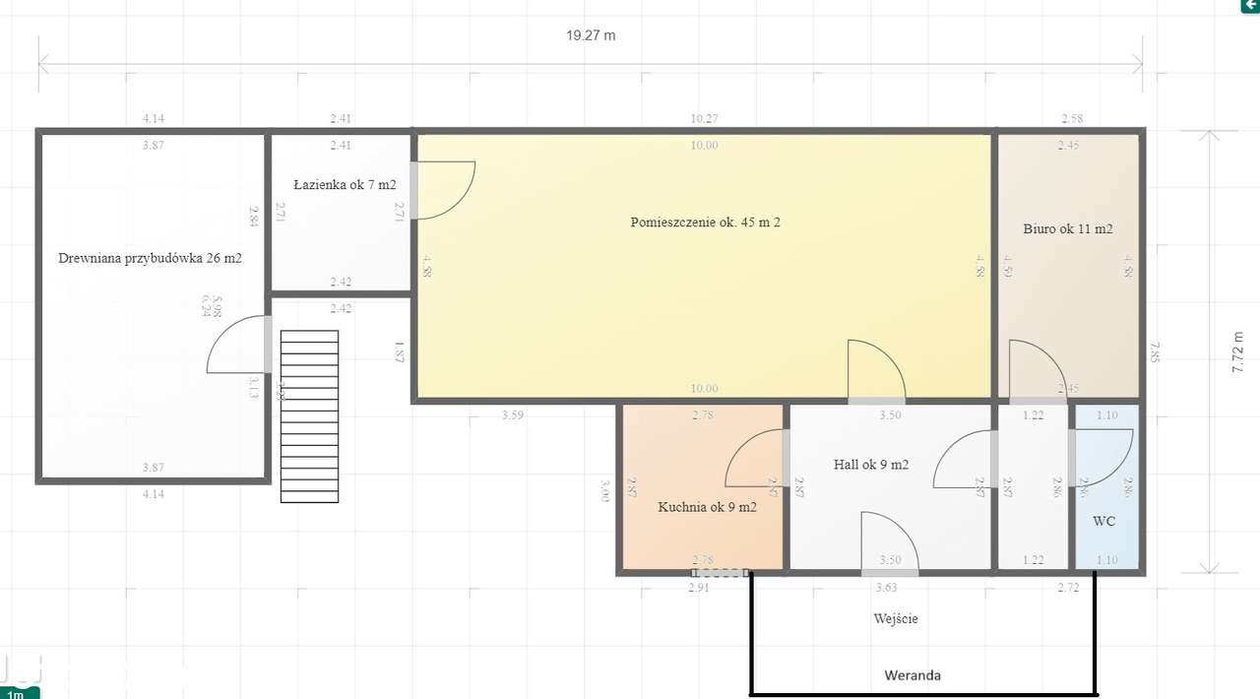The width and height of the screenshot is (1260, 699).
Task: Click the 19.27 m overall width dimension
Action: [x=591, y=35]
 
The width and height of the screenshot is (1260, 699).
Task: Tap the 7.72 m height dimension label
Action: [x=1238, y=351]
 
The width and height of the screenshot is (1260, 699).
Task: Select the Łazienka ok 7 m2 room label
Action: [x=345, y=184]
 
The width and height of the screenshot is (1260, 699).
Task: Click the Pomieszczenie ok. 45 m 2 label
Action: [x=705, y=222]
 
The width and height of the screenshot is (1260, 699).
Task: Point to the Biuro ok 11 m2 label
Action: [x=1068, y=228]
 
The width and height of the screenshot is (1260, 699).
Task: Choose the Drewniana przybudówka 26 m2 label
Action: [x=150, y=259]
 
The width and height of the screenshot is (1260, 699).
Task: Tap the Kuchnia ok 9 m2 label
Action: [x=707, y=507]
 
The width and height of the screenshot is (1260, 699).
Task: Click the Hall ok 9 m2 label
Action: [x=870, y=465]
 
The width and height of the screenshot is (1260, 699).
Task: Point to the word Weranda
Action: [x=912, y=675]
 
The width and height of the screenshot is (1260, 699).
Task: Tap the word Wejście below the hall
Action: [x=895, y=618]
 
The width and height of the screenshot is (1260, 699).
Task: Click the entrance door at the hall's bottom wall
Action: [x=889, y=543]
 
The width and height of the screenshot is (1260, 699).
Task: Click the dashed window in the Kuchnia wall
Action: [x=720, y=572]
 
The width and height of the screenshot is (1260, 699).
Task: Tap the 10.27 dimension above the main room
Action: [x=704, y=118]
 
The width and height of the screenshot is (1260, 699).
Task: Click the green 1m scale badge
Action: [x=19, y=693]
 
